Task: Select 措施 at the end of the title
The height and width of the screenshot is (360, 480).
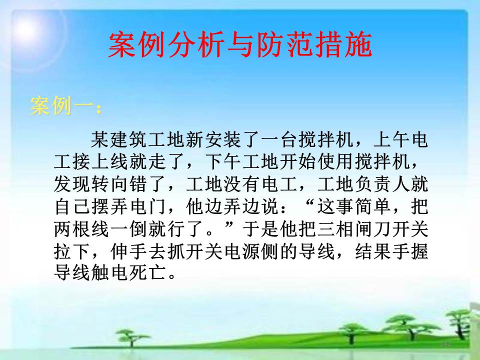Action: (343, 45)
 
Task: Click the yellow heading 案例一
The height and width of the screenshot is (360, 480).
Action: (61, 106)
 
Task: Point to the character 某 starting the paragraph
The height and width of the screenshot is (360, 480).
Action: (100, 140)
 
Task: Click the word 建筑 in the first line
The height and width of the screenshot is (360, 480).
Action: (128, 140)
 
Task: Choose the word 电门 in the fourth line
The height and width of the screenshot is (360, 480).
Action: (147, 206)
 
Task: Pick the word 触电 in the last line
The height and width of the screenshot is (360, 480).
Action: (109, 272)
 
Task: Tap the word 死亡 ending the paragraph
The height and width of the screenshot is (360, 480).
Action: (147, 272)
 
